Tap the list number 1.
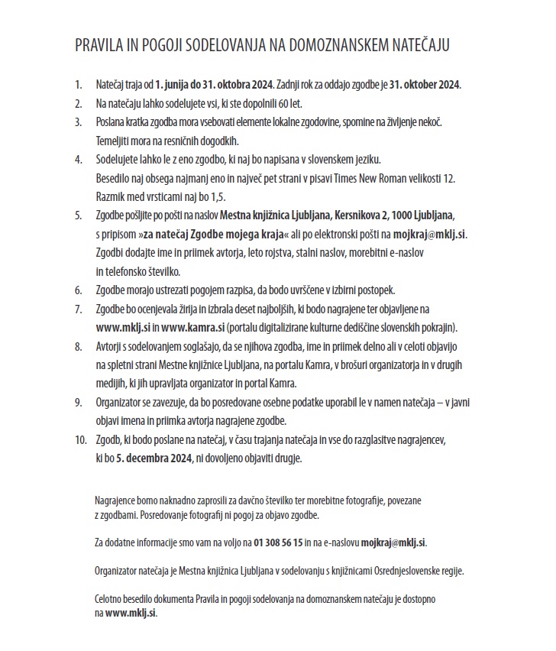click(78, 83)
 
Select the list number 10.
click(79, 441)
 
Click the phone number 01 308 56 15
click(274, 542)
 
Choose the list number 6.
click(78, 290)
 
